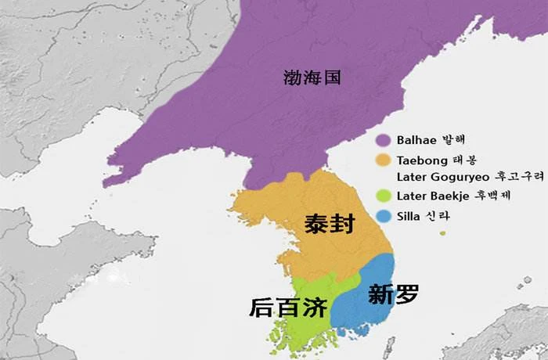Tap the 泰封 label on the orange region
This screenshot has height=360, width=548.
coord(329,225)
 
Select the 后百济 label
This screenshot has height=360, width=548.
coord(287,307)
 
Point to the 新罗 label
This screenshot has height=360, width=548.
coord(394,294)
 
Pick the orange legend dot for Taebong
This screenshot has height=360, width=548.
coord(384,160)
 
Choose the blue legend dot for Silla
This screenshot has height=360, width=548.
coord(384,215)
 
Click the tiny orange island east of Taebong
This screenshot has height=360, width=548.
coord(442,232)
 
